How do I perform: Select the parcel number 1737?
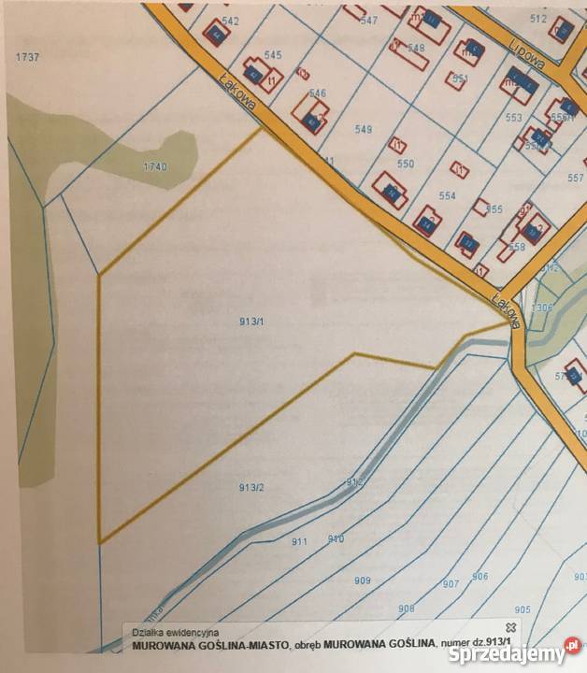[x=27, y=57]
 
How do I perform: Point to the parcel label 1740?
[x=154, y=166]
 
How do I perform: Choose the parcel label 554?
[x=447, y=195]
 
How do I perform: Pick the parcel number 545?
[x=273, y=56]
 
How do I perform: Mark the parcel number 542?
[x=230, y=21]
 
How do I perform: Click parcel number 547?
[x=368, y=21]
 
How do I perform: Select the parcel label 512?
[x=537, y=19]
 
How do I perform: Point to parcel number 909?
[x=362, y=580]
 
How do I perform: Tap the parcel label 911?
[x=299, y=541]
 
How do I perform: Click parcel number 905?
[x=522, y=609]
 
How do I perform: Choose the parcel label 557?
[x=575, y=178]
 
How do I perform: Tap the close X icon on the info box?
[x=510, y=624]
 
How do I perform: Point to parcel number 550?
[x=405, y=164]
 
